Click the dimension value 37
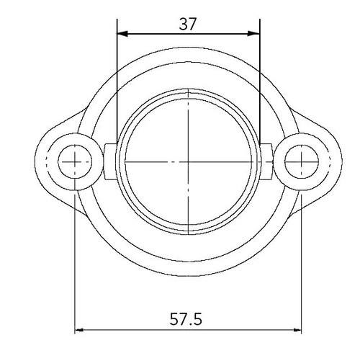[188, 23]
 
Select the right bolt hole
[301, 162]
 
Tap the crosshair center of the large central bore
[188, 162]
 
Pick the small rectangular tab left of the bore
[110, 162]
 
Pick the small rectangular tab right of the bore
[267, 162]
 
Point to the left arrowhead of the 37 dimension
[122, 33]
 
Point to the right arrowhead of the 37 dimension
[254, 33]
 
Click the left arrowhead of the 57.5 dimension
[80, 331]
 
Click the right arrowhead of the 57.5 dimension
[296, 331]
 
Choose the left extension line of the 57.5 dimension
[75, 259]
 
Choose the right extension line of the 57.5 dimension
[301, 259]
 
